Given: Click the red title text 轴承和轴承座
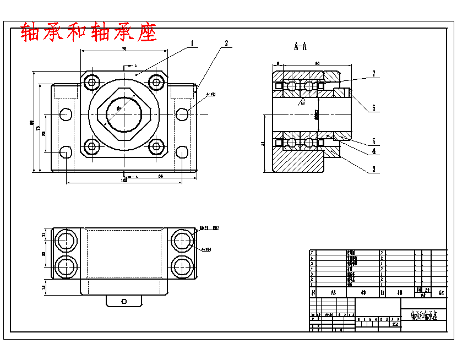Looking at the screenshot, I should click(x=89, y=32).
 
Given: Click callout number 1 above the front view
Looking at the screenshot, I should click(x=192, y=43).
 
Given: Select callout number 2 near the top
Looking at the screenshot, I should click(x=226, y=43).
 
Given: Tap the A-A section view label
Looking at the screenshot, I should click(x=300, y=47).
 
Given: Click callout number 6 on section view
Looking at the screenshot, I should click(x=373, y=108).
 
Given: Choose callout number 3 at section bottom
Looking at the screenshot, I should click(x=373, y=170).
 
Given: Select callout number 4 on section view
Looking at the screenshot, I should click(x=373, y=151).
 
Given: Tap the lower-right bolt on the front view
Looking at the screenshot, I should click(x=157, y=147).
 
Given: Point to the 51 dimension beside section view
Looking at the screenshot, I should click(x=263, y=143).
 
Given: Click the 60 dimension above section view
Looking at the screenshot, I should click(x=317, y=63).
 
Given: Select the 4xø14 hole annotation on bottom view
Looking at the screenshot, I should click(x=206, y=249).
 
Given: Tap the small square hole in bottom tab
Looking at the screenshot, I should click(x=124, y=301).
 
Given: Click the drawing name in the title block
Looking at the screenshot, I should click(x=423, y=315).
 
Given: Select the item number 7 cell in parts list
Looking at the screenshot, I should click(x=312, y=252).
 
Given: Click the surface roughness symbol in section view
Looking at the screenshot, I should click(x=302, y=102).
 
